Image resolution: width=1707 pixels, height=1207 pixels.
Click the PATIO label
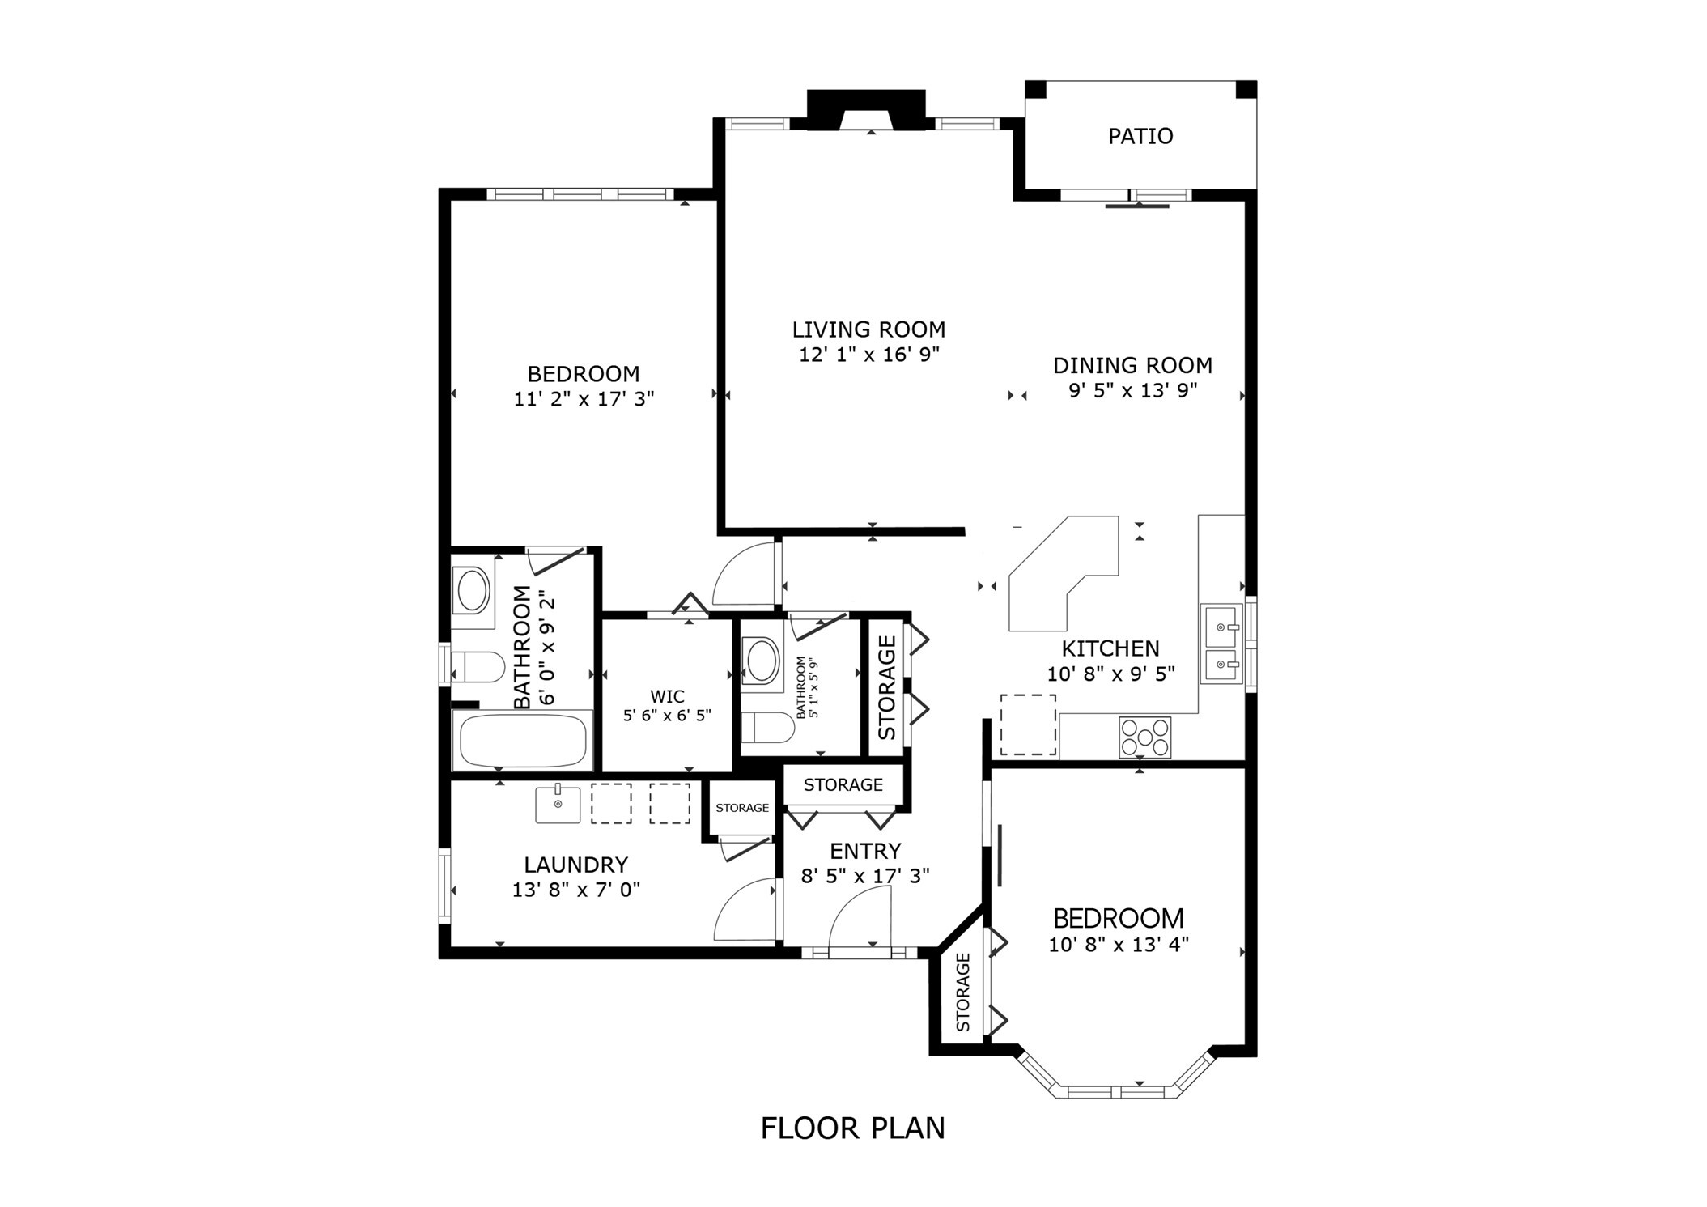(1140, 136)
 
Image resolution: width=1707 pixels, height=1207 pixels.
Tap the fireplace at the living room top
(866, 110)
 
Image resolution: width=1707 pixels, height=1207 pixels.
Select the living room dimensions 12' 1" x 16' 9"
(868, 355)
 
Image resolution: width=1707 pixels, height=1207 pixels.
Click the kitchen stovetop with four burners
(1144, 737)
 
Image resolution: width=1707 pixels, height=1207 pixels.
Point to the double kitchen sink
(1221, 644)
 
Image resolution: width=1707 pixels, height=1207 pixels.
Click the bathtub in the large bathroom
(523, 740)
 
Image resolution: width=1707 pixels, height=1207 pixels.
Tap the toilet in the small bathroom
(767, 727)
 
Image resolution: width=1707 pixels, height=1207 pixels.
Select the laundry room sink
(558, 804)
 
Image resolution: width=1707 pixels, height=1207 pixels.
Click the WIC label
(667, 696)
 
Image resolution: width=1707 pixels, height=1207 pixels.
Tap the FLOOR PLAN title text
(852, 1128)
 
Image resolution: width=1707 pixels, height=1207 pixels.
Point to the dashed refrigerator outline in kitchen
(1027, 725)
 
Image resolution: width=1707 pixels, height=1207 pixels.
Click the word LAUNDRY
(575, 865)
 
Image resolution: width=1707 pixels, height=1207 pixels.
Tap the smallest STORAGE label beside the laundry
(741, 808)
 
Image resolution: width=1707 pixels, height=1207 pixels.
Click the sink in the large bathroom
(473, 590)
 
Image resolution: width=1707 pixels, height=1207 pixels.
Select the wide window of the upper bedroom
(580, 194)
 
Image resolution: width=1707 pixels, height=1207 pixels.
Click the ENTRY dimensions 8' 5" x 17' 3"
(864, 876)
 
